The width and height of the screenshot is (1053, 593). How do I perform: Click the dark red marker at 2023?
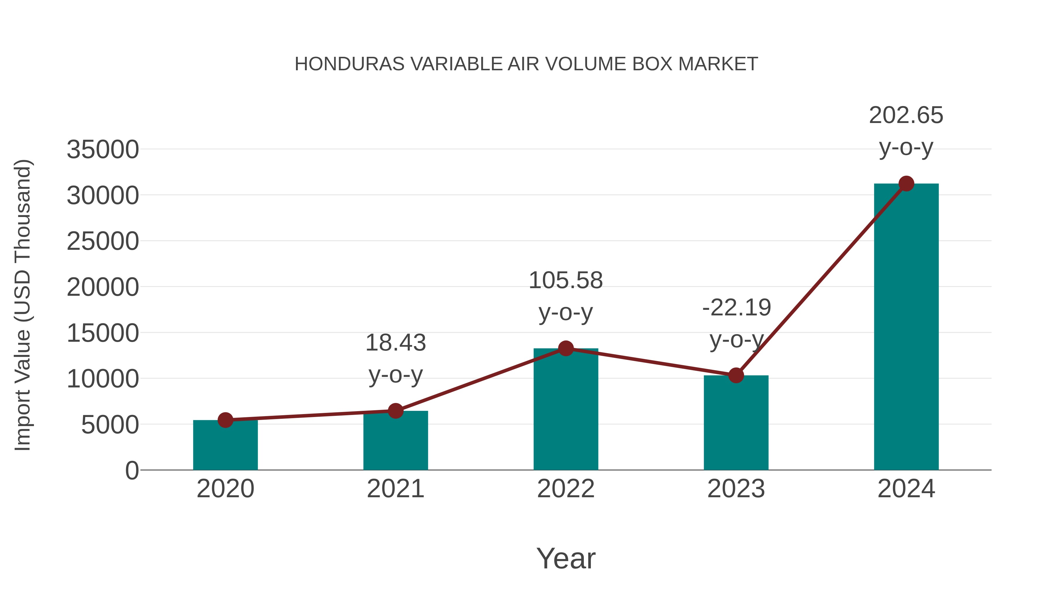pos(736,375)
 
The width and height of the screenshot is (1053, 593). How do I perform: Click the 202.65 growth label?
pos(906,115)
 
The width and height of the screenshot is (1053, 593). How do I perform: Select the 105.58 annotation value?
pos(566,281)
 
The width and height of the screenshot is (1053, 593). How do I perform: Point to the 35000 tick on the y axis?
pos(103,150)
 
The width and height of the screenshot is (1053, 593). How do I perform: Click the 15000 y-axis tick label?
pos(103,333)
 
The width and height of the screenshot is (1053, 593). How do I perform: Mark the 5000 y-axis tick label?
pos(110,425)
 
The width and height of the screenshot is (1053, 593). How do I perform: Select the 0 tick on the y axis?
pos(132,471)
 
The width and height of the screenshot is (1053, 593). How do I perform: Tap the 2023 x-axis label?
pos(736,489)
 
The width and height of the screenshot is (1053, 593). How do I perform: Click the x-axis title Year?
pos(566,559)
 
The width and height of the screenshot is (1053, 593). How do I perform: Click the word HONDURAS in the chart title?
pos(350,64)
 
